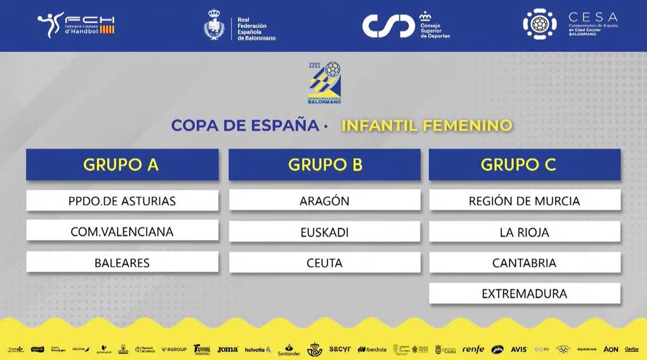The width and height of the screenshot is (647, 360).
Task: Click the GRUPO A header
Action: click(122, 164)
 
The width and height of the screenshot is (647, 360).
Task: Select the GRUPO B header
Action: click(325, 164)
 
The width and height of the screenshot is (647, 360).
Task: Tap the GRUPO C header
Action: click(525, 164)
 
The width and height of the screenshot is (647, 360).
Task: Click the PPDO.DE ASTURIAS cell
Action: click(122, 201)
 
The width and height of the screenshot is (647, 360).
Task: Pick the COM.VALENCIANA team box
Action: click(122, 232)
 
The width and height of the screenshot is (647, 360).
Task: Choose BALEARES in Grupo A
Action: click(122, 263)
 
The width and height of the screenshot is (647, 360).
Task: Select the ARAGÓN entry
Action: click(325, 201)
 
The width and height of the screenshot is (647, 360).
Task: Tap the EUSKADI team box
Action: click(325, 232)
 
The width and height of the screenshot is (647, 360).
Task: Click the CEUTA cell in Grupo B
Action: click(325, 263)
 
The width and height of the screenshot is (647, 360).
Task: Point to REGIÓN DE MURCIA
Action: click(525, 201)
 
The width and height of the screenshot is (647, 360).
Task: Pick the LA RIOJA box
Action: click(525, 232)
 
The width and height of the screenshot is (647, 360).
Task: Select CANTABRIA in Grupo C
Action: click(525, 263)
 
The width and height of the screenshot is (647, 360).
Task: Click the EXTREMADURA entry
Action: click(525, 294)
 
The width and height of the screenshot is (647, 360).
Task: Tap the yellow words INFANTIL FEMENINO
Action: click(426, 126)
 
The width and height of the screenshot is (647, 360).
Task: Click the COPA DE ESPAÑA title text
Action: click(245, 126)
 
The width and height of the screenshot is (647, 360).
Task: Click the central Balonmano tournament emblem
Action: click(325, 82)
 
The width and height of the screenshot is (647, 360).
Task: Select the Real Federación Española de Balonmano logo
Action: click(240, 26)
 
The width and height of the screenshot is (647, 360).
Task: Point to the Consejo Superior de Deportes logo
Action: click(405, 25)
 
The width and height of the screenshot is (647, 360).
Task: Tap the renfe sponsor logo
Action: click(473, 349)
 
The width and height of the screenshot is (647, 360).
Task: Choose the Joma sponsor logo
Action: click(228, 349)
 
